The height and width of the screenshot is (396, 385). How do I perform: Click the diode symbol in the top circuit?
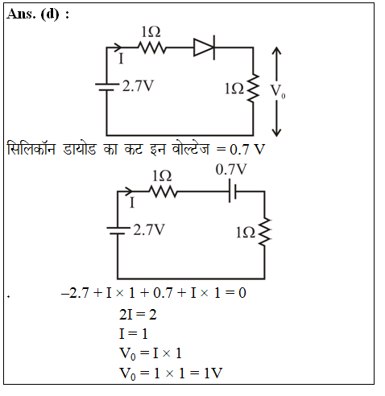(205, 47)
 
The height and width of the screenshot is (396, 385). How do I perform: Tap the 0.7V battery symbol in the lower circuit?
(233, 192)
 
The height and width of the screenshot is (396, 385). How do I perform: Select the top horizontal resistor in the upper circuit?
(152, 47)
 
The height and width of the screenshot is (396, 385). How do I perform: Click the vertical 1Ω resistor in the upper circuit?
(253, 89)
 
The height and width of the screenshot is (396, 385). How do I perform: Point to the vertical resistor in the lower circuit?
(265, 232)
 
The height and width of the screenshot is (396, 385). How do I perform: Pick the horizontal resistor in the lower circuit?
(163, 192)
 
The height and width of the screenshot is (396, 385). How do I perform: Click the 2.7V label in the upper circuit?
(138, 86)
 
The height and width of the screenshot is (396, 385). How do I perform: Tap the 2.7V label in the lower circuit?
(149, 230)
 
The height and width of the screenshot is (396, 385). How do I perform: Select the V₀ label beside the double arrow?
(278, 91)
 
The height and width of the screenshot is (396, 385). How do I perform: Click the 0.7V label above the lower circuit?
(231, 170)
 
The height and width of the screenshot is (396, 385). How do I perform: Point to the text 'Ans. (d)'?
(33, 14)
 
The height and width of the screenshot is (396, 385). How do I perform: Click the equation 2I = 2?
(138, 314)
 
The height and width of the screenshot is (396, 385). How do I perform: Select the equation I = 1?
(134, 334)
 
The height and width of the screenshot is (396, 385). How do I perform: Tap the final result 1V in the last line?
(213, 373)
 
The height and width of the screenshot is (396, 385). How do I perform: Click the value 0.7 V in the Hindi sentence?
(247, 150)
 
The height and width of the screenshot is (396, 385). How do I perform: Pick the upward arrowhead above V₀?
(276, 51)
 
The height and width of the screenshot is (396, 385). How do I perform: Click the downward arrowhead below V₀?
(276, 133)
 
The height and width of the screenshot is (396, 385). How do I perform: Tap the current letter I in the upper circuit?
(122, 59)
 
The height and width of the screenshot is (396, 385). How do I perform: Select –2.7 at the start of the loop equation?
(75, 292)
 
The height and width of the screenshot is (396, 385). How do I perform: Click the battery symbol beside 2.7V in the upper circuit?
(107, 87)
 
